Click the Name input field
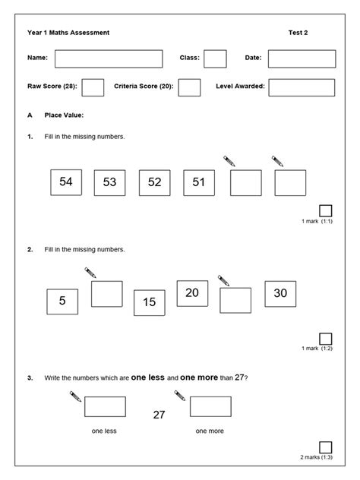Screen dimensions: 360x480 (109, 58)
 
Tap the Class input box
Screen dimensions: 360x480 (215, 58)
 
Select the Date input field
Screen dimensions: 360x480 (302, 58)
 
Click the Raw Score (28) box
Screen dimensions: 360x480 (93, 87)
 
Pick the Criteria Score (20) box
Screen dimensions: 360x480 (189, 87)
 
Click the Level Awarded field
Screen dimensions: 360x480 (302, 87)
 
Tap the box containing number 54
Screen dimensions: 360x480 (65, 182)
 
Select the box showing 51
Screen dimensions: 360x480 (199, 182)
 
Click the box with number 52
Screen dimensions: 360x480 (154, 182)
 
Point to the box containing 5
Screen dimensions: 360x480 (62, 302)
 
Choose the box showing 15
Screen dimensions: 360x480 (149, 302)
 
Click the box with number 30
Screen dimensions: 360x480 (280, 293)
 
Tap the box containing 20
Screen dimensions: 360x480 (192, 293)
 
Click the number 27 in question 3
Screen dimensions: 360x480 (159, 415)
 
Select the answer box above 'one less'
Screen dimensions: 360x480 (105, 406)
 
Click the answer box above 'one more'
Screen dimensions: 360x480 (210, 406)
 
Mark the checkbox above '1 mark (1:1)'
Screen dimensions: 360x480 (326, 210)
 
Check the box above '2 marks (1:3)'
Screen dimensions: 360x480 (326, 447)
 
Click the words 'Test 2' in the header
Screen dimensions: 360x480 (298, 33)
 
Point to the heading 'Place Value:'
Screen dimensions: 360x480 (64, 115)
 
